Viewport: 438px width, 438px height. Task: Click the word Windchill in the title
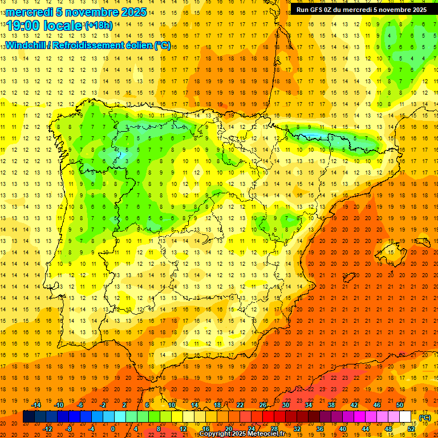point(25,45)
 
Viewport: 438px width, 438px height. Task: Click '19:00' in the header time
point(23,26)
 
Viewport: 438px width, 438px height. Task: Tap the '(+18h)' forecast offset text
point(99,25)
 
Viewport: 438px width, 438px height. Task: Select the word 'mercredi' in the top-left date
point(30,12)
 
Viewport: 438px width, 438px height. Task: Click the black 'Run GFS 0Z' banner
point(361,9)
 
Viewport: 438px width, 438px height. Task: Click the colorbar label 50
point(400,405)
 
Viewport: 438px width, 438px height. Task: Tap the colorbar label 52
point(411,429)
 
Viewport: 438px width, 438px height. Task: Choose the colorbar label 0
point(113,429)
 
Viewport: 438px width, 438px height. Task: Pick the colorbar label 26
point(263,405)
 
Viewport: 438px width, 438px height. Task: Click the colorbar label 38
point(331,405)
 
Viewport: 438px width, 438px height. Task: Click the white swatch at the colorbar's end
point(405,417)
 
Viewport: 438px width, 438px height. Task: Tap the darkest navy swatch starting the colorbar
point(29,417)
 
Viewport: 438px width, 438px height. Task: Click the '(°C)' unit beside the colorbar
point(425,417)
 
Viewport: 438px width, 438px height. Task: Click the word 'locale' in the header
point(63,26)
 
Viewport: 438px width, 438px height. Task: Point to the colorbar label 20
point(228,429)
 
